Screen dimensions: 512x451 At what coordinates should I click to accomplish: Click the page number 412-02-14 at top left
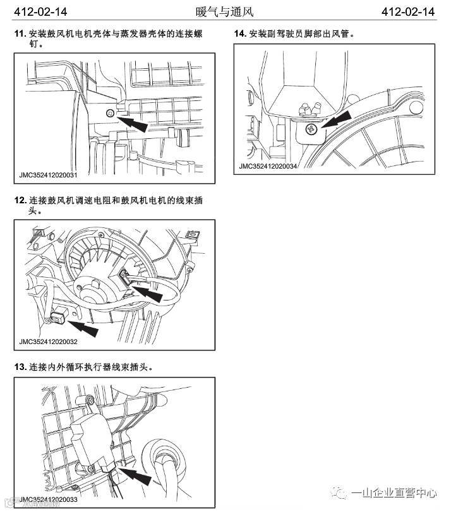tap(40, 12)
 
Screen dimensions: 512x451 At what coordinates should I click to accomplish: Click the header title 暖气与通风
tap(225, 12)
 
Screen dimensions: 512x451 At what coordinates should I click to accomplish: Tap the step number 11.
tap(20, 33)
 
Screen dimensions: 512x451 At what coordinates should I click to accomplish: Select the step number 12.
tap(20, 200)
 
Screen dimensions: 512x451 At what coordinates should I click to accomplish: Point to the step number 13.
tap(20, 367)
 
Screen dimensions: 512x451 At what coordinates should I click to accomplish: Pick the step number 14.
tap(239, 33)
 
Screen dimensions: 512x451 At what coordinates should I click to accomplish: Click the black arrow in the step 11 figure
tap(134, 122)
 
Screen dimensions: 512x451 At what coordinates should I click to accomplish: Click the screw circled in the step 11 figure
tap(111, 114)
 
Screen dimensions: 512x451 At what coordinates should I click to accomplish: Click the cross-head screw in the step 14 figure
tap(311, 129)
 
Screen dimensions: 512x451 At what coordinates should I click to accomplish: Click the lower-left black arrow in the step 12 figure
tap(83, 326)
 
